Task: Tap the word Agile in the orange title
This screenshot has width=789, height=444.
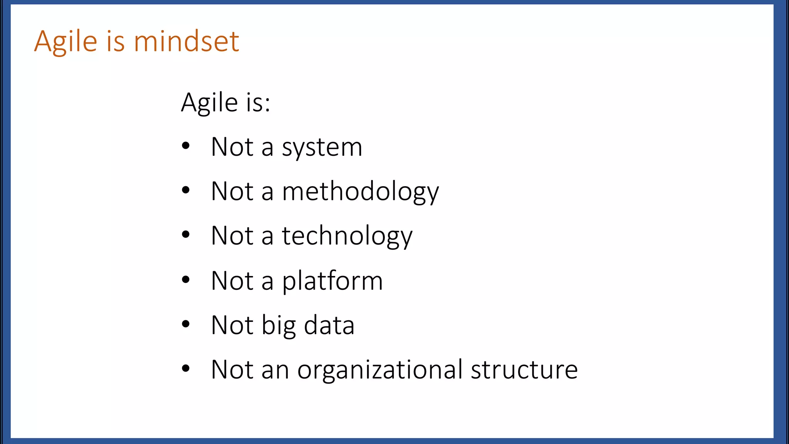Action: [65, 42]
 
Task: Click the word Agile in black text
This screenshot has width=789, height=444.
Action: [210, 103]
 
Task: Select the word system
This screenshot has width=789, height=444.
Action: [322, 148]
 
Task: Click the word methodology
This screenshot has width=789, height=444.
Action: [360, 192]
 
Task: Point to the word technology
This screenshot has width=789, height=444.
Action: [347, 236]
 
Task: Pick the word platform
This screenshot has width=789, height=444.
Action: [332, 281]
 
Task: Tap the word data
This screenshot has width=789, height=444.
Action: [329, 325]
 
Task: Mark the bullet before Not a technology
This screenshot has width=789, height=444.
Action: [186, 235]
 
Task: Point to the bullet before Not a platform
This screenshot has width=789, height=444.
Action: [186, 279]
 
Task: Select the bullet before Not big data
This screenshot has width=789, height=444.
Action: [186, 324]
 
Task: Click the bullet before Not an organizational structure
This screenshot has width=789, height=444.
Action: [186, 368]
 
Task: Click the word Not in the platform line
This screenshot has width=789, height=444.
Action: [232, 281]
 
